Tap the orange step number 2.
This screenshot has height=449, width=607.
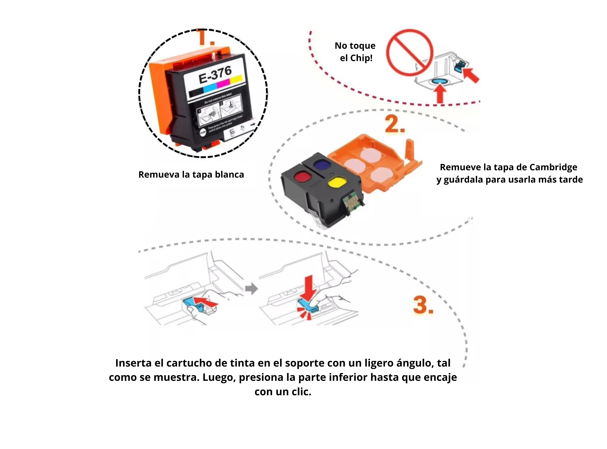[395, 124]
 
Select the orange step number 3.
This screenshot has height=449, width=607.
[423, 305]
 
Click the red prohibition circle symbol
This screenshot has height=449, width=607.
[410, 53]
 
